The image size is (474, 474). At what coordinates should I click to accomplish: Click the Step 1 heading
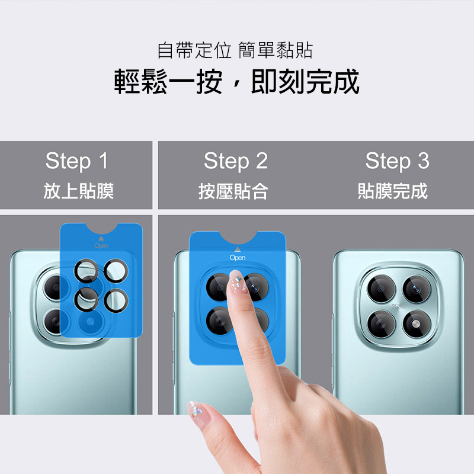(x=77, y=161)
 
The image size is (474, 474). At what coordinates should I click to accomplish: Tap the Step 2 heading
(x=236, y=161)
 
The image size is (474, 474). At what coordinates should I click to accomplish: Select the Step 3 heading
(x=397, y=161)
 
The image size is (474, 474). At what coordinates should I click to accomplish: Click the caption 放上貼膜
(x=79, y=191)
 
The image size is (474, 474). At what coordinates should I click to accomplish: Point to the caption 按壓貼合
(x=233, y=191)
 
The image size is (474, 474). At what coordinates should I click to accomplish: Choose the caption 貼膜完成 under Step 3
(x=393, y=191)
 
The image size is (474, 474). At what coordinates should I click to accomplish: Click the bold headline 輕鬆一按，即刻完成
(x=236, y=82)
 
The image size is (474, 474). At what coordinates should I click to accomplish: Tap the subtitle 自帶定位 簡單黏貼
(x=235, y=50)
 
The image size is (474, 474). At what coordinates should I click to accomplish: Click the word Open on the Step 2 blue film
(x=238, y=258)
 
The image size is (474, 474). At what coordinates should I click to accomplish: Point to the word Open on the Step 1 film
(x=101, y=245)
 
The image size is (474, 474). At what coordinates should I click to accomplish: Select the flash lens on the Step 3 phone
(x=417, y=324)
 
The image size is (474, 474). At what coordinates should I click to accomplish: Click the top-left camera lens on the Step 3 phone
(x=381, y=289)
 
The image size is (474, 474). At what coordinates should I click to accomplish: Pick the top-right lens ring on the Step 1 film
(x=116, y=271)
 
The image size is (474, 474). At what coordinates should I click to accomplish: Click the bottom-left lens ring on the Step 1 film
(x=87, y=300)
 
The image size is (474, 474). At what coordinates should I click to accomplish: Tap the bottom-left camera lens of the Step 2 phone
(x=219, y=321)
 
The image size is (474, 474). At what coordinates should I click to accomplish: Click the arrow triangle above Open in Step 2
(x=238, y=249)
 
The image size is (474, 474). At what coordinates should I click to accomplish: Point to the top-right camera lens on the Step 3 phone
(x=417, y=289)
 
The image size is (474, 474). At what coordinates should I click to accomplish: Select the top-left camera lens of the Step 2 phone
(x=218, y=287)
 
